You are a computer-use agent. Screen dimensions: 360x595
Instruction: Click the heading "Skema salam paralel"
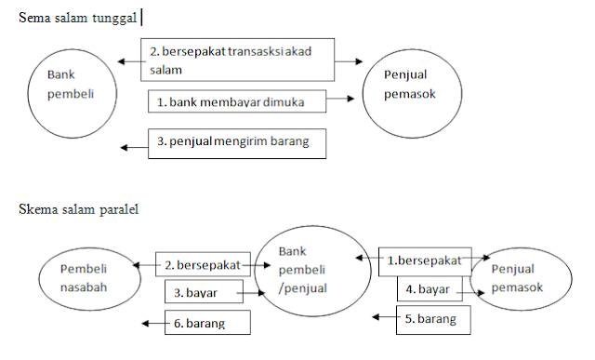tap(78, 209)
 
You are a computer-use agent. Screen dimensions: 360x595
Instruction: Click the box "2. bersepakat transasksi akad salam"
tap(238, 60)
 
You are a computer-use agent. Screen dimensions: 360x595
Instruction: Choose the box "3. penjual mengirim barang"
tap(243, 142)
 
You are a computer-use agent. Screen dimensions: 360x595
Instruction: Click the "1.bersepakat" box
tap(425, 261)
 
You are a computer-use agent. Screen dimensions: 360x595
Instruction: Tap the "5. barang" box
tap(433, 319)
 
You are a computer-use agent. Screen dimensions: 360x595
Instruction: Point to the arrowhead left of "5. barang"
tap(375, 318)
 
